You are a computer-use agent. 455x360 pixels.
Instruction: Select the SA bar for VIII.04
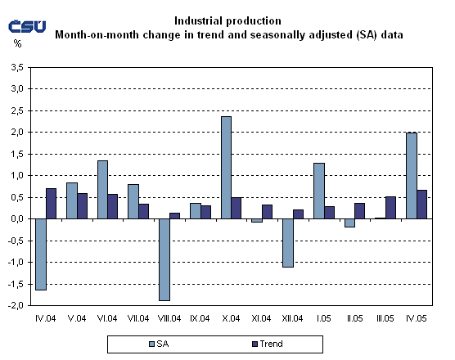pos(164,259)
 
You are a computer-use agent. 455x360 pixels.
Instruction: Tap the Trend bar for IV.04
pos(52,204)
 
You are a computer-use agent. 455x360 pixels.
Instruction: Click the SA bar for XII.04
pos(287,243)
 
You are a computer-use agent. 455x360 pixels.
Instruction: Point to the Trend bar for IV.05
pos(421,205)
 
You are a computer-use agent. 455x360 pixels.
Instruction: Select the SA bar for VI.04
pos(102,190)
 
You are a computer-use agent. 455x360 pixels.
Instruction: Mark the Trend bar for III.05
pos(390,208)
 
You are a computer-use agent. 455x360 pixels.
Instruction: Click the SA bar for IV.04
pos(41,254)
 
